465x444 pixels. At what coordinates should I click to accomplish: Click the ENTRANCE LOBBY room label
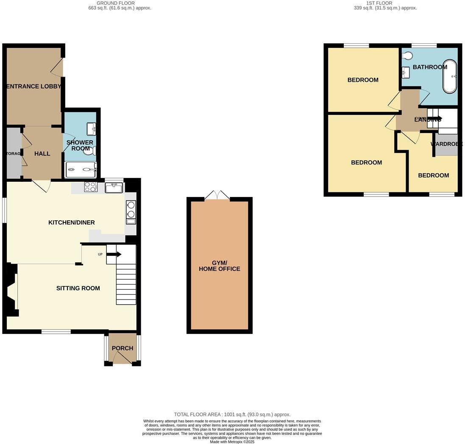tap(34, 86)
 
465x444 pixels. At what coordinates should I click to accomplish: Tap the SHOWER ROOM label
tap(80, 145)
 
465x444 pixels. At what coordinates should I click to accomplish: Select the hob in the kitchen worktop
tap(91, 187)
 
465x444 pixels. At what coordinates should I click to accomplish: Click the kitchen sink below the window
tap(114, 188)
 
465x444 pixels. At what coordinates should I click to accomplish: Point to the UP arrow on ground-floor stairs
tap(114, 254)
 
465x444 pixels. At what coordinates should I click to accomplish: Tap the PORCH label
tap(123, 348)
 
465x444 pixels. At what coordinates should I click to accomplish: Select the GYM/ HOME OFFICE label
tap(220, 266)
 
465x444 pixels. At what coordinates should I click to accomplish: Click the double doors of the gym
tap(217, 195)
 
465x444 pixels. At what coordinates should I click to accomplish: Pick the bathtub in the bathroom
tap(450, 77)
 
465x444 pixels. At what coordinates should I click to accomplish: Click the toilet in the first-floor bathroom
tap(407, 55)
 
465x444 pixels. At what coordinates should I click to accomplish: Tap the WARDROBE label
tap(446, 144)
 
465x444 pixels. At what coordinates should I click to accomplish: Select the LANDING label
tap(427, 120)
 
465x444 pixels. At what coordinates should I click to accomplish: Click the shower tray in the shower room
tap(81, 170)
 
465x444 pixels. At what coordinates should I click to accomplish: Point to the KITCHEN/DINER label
tap(72, 222)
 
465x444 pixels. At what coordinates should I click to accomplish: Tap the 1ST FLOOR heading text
tap(385, 6)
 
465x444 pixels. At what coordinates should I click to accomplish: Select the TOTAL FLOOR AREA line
tap(232, 414)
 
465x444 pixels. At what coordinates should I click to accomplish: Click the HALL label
tap(42, 153)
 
